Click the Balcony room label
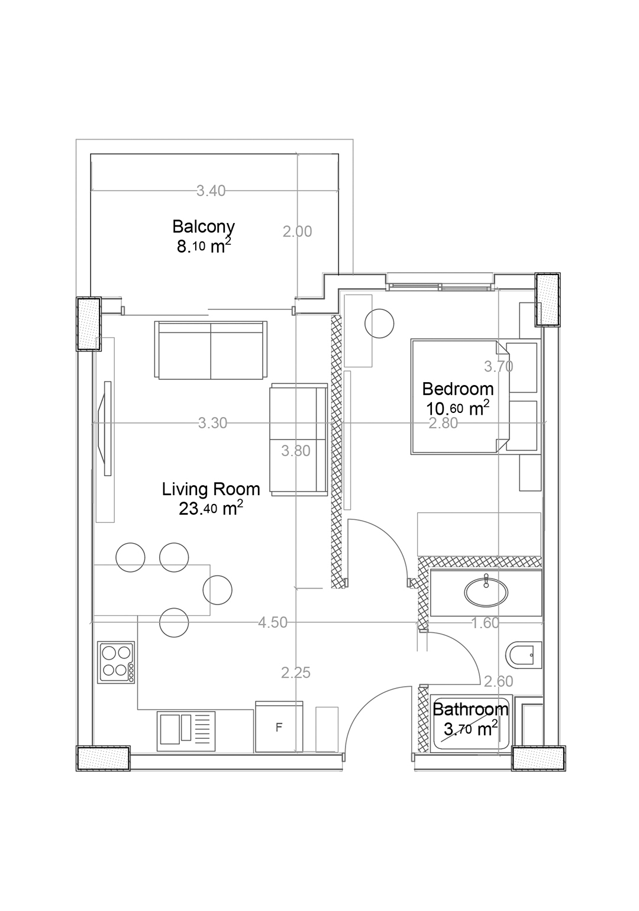(204, 226)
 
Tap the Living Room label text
(211, 489)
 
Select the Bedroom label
(457, 389)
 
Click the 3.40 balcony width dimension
(211, 190)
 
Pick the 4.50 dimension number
(273, 622)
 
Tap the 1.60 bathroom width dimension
(485, 623)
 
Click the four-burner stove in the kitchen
(117, 663)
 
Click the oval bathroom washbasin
(486, 593)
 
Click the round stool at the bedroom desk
(379, 324)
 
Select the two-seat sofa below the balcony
(211, 350)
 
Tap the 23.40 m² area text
(211, 509)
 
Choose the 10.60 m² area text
(457, 409)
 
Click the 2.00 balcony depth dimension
(298, 232)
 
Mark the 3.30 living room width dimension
(212, 424)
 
